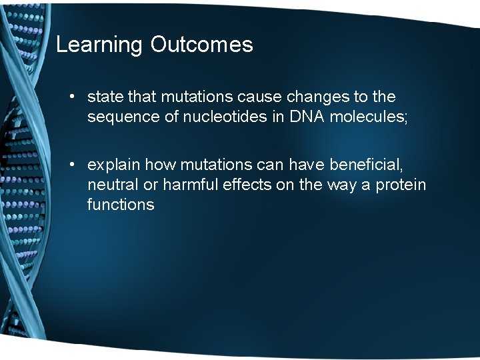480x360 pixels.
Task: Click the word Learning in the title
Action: click(x=99, y=45)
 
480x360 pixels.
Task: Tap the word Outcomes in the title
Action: click(x=202, y=44)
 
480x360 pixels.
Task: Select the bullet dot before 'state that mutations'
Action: click(x=72, y=97)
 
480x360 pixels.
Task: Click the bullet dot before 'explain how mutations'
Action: click(x=72, y=165)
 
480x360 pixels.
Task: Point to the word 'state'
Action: click(x=105, y=97)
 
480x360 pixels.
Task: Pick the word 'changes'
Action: click(x=318, y=97)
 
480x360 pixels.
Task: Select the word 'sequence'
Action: click(x=123, y=117)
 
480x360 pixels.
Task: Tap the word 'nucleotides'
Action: click(x=225, y=117)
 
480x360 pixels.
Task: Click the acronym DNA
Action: click(x=307, y=117)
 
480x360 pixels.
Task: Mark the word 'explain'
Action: click(x=113, y=165)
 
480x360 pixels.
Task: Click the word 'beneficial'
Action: click(x=365, y=165)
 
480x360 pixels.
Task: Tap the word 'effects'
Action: click(x=247, y=185)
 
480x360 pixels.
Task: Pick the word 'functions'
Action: click(x=121, y=205)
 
